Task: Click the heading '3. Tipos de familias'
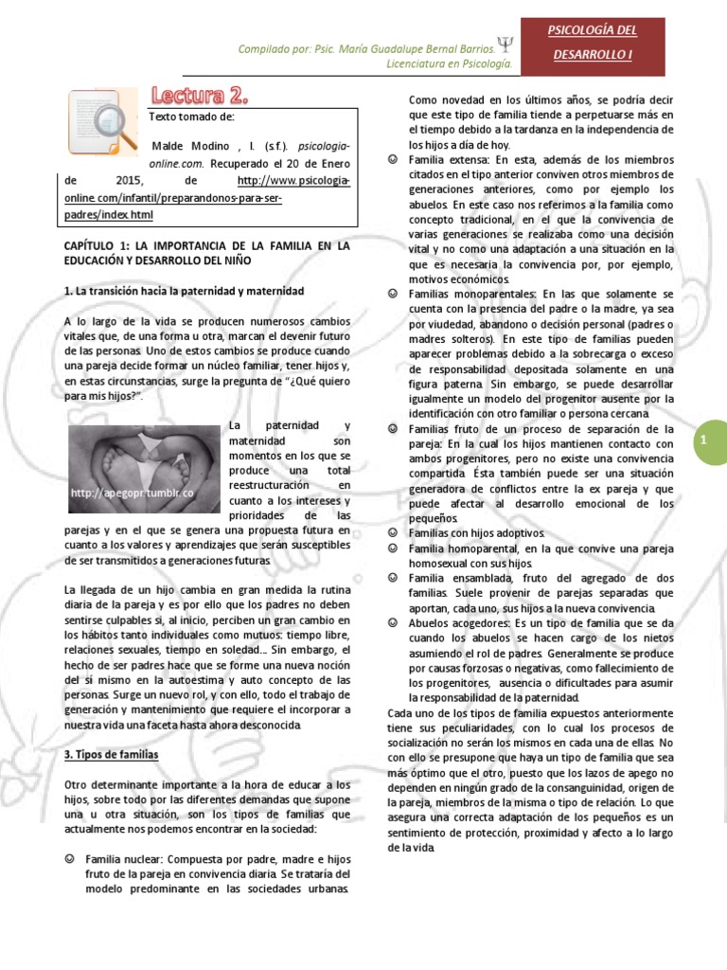pyautogui.click(x=111, y=754)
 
